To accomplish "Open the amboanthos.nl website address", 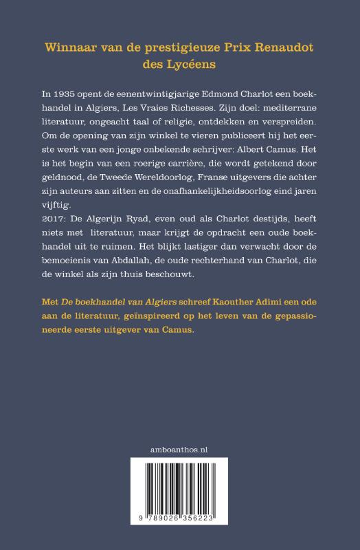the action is pos(179,448).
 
